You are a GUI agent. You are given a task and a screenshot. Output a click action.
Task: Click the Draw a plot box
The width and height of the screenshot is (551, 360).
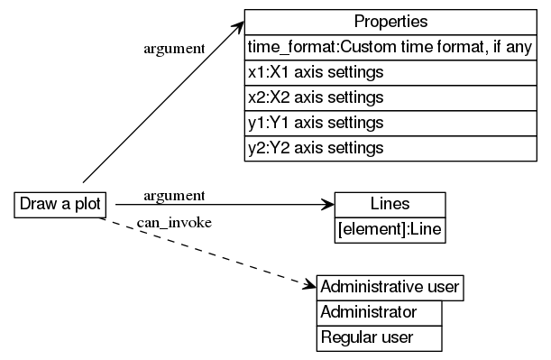pyautogui.click(x=60, y=205)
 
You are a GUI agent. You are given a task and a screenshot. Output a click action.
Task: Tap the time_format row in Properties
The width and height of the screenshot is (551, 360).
pyautogui.click(x=390, y=47)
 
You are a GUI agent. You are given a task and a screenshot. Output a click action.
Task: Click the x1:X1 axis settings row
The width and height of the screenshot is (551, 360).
pyautogui.click(x=390, y=71)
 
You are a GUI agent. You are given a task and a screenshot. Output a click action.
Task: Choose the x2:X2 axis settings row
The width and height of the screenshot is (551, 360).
pyautogui.click(x=390, y=97)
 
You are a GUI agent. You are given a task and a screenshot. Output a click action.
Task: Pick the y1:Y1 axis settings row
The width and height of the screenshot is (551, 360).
pyautogui.click(x=390, y=122)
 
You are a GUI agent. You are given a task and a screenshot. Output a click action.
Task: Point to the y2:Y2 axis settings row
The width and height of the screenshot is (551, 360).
pyautogui.click(x=390, y=147)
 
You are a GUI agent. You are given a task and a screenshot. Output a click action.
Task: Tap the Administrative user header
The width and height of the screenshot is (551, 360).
pyautogui.click(x=390, y=287)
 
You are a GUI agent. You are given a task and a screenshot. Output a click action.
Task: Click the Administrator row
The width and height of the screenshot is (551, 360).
pyautogui.click(x=379, y=312)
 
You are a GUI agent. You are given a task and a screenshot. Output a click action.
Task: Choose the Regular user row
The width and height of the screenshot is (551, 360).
pyautogui.click(x=379, y=337)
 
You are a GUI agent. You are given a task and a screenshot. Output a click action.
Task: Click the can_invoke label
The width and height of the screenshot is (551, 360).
pyautogui.click(x=174, y=224)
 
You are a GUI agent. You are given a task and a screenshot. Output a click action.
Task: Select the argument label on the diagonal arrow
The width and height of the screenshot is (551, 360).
pyautogui.click(x=174, y=48)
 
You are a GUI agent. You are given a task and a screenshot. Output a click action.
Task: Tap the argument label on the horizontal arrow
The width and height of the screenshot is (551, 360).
pyautogui.click(x=174, y=195)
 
